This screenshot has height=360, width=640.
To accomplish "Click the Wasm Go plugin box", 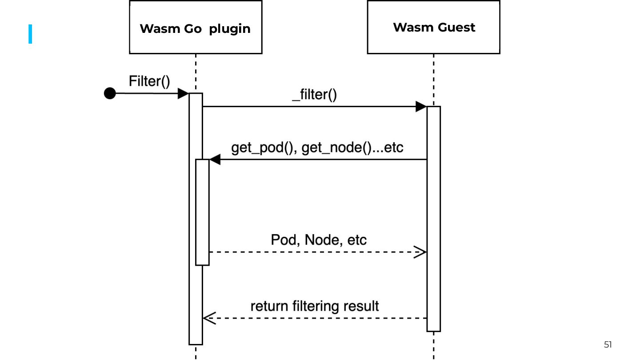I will [196, 28].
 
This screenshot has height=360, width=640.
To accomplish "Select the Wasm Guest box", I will [433, 28].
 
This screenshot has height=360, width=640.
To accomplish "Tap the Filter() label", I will [149, 81].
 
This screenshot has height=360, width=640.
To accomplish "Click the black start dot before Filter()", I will [110, 93].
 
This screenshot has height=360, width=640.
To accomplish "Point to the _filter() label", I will [314, 95].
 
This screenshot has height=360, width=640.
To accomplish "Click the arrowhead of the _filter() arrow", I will [421, 107].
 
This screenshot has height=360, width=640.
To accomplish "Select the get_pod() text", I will [264, 148].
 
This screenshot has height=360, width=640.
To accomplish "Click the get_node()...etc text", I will [352, 148].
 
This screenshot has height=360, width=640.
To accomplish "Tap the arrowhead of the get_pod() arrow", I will [215, 160].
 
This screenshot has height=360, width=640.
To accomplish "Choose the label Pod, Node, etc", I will [319, 240].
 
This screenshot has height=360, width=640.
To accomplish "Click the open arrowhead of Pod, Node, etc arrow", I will [420, 252].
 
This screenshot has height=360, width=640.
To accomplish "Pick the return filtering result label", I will [315, 306].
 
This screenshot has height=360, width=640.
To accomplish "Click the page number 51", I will [608, 344].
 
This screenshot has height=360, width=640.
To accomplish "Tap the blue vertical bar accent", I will [30, 34].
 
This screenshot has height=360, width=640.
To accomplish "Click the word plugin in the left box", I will [230, 29].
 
